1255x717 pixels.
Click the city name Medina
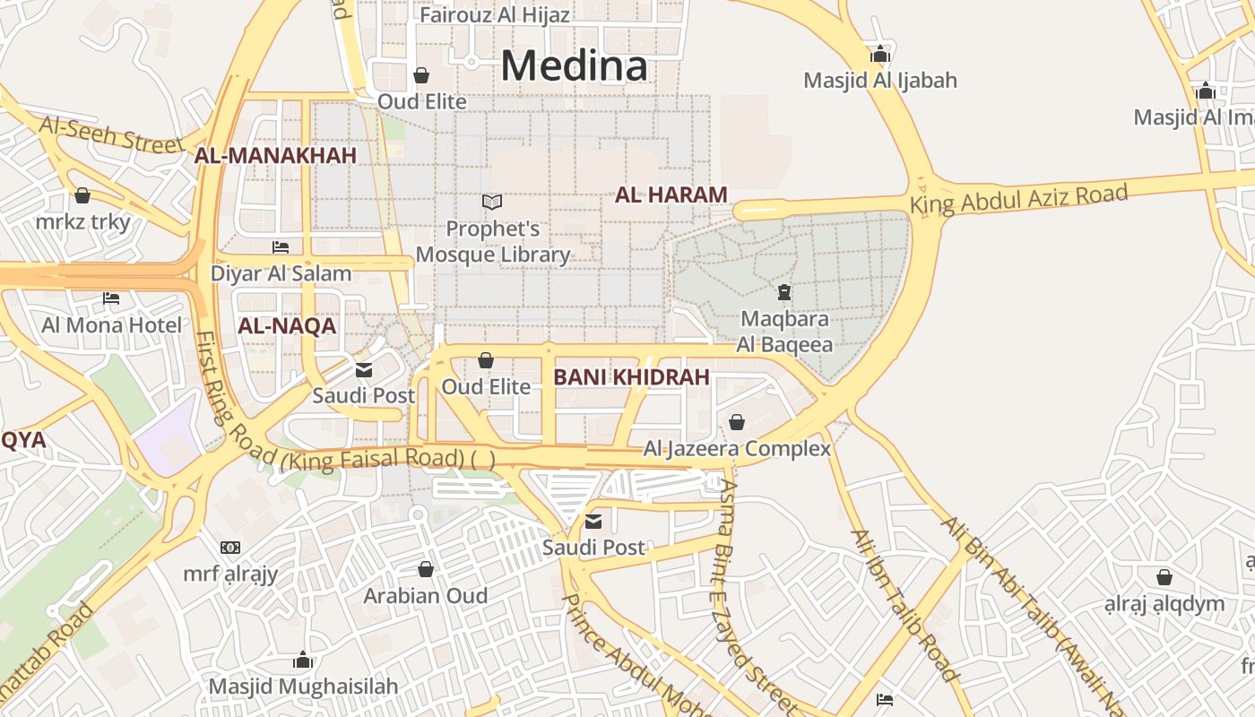[574, 65]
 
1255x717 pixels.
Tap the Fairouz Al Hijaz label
[494, 15]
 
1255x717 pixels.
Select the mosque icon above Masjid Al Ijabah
[880, 54]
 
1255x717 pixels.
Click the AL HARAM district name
[671, 194]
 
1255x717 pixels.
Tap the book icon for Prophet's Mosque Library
[492, 203]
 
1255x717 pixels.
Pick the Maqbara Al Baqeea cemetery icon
[784, 292]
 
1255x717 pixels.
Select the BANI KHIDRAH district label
[631, 377]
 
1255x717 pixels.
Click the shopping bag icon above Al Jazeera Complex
[737, 421]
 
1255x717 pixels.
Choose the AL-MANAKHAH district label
[276, 156]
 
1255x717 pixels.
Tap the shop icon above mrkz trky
[82, 195]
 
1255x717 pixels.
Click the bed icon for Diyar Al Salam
[281, 247]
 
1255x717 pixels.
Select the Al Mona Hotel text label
[111, 324]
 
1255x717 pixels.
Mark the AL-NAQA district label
[287, 326]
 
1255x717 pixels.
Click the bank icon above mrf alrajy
[230, 548]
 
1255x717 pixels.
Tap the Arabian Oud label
[426, 596]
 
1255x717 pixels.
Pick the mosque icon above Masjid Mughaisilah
[303, 661]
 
